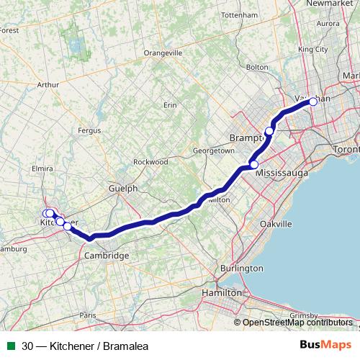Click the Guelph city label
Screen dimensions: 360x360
pyautogui.click(x=122, y=188)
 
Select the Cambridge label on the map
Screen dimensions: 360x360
pyautogui.click(x=107, y=256)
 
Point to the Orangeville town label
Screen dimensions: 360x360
pyautogui.click(x=163, y=53)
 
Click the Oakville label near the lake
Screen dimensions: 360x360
pyautogui.click(x=276, y=224)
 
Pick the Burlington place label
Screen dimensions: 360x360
pyautogui.click(x=242, y=268)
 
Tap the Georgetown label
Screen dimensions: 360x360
pyautogui.click(x=214, y=151)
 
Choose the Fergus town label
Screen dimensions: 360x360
pyautogui.click(x=89, y=130)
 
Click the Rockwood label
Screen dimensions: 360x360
pyautogui.click(x=151, y=162)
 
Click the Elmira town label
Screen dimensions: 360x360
pyautogui.click(x=44, y=168)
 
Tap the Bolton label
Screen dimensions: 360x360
pyautogui.click(x=257, y=67)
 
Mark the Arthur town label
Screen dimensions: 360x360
pyautogui.click(x=48, y=84)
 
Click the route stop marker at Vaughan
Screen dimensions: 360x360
pyautogui.click(x=313, y=102)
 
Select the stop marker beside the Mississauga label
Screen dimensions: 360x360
pyautogui.click(x=253, y=165)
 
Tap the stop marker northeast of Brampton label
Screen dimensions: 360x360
pyautogui.click(x=269, y=130)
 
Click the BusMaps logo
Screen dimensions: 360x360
pyautogui.click(x=325, y=346)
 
